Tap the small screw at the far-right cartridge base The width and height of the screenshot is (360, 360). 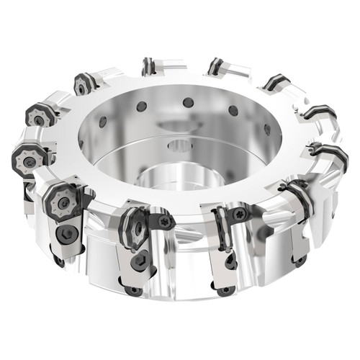click(300, 259)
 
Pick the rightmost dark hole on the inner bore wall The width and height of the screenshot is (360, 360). click(267, 130)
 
